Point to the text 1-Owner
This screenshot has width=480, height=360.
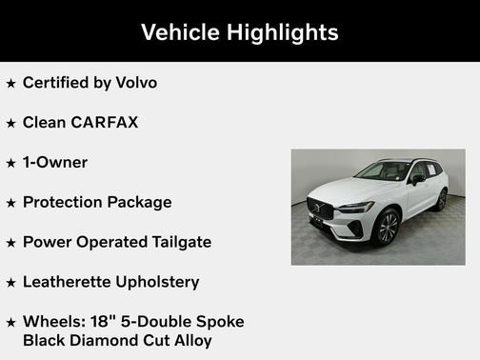click(55, 163)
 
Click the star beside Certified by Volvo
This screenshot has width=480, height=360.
click(10, 84)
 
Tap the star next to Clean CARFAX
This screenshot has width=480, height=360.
click(10, 124)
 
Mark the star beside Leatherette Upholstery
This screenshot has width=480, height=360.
click(10, 283)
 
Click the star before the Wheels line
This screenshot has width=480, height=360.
click(10, 323)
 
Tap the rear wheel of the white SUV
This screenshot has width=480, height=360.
click(441, 199)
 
